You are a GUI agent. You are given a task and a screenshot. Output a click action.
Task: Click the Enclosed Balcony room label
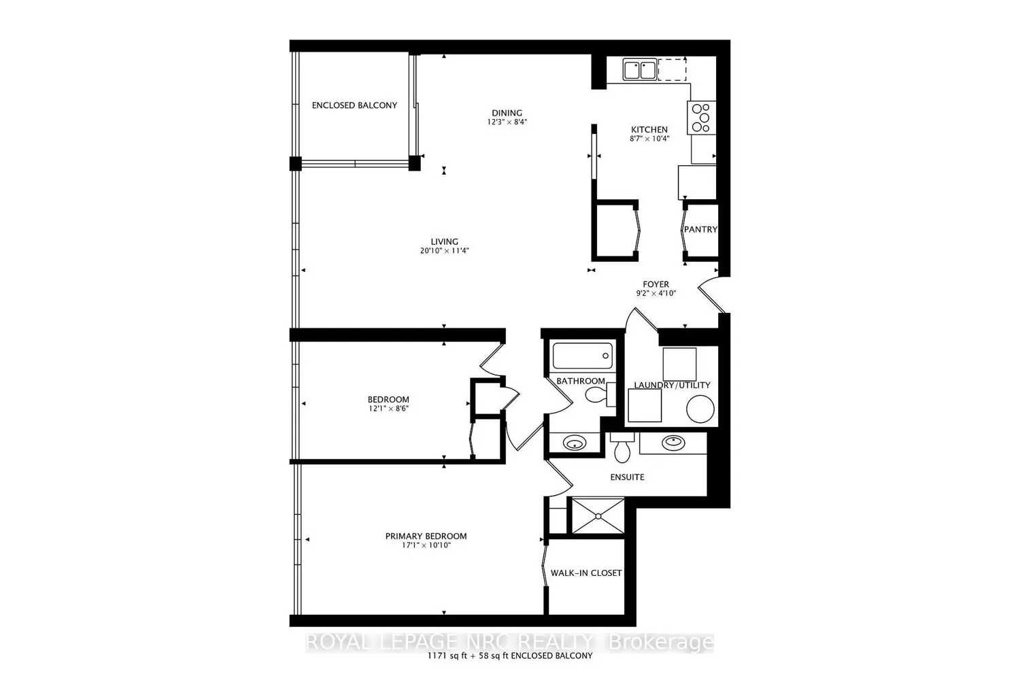point(354,105)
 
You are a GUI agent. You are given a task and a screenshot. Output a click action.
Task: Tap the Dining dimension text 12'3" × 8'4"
point(507,122)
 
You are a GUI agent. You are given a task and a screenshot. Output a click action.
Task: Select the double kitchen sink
point(640,69)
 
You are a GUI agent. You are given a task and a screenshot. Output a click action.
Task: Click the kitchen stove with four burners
point(700,117)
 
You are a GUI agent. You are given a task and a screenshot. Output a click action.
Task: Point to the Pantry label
point(700,230)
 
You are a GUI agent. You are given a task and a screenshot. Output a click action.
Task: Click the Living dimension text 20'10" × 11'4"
point(445,251)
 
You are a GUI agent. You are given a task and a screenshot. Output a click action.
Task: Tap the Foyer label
point(656,284)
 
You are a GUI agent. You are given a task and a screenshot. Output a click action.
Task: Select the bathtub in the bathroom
point(582,356)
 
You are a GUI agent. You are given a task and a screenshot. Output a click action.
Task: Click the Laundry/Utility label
point(672,385)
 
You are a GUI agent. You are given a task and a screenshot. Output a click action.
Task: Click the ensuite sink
point(673,442)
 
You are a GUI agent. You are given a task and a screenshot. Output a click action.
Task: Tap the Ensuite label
point(627,477)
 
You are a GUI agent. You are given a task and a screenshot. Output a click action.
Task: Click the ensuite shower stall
point(597,516)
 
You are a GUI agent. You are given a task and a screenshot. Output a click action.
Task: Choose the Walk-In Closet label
point(586,573)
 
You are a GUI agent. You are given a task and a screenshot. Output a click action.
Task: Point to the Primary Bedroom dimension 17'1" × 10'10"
point(426,545)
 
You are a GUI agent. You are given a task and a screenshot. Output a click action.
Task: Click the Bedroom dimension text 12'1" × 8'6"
point(388,409)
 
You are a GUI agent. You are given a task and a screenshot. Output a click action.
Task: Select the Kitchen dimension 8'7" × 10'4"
point(649,139)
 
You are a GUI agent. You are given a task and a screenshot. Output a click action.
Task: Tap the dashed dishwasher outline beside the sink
point(672,69)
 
